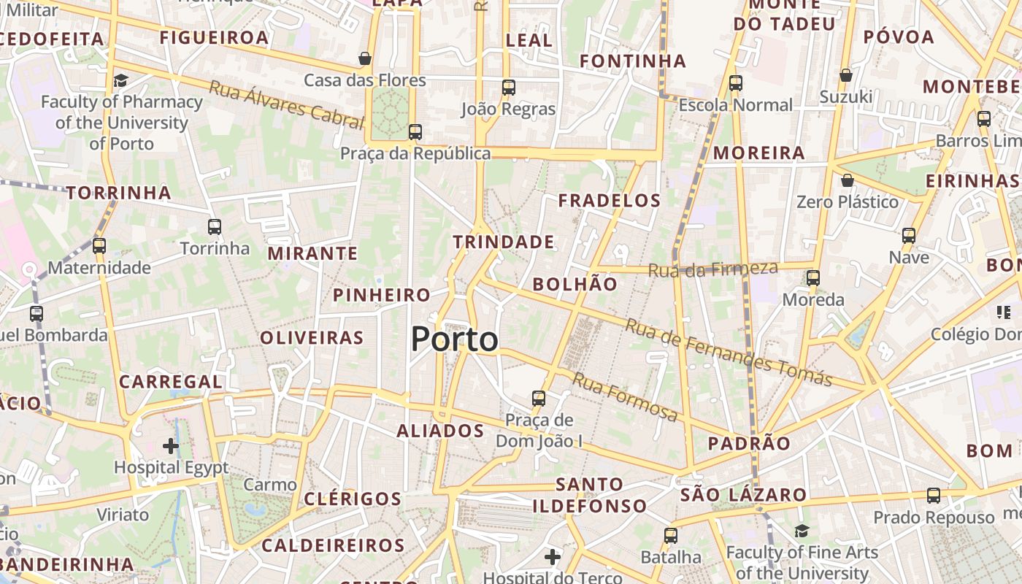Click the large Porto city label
454,339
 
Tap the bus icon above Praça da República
415,132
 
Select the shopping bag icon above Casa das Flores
365,58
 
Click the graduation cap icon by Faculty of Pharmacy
120,80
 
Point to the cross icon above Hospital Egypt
171,445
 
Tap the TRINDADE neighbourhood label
504,242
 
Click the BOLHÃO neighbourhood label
575,285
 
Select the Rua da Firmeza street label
713,269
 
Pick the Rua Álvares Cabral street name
286,106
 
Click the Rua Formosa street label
625,397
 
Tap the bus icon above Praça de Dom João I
539,398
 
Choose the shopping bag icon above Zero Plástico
848,180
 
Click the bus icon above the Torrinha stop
215,227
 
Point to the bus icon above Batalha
671,536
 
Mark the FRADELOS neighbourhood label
610,200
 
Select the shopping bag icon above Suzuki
846,75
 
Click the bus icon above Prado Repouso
934,496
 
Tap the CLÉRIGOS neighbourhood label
353,499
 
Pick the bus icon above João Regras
509,88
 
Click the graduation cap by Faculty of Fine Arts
802,531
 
